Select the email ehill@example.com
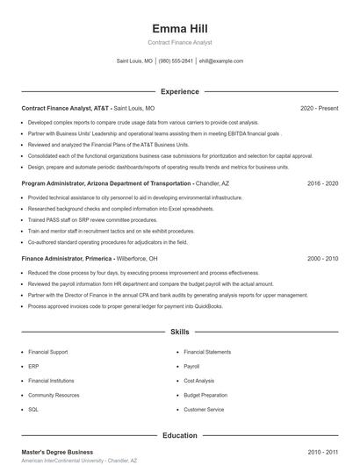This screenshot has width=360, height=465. [x=221, y=61]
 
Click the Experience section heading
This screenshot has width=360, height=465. [x=179, y=91]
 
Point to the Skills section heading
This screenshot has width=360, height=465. [x=179, y=333]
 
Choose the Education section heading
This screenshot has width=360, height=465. [x=179, y=435]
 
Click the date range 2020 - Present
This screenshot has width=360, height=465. [x=319, y=108]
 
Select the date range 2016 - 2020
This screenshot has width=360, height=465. [x=323, y=183]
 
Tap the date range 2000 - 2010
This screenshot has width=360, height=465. [x=323, y=259]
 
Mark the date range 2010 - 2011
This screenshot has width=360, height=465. [x=323, y=452]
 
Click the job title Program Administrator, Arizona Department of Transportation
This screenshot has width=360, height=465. [x=105, y=183]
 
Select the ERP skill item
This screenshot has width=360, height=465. [x=33, y=366]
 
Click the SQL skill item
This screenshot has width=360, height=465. [x=33, y=409]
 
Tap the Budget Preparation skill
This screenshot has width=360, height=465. [x=205, y=395]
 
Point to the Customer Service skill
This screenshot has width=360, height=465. [x=204, y=409]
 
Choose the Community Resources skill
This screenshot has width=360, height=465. [x=54, y=395]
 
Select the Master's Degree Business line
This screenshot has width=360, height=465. [x=57, y=452]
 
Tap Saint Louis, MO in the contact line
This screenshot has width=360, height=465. [x=134, y=61]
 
